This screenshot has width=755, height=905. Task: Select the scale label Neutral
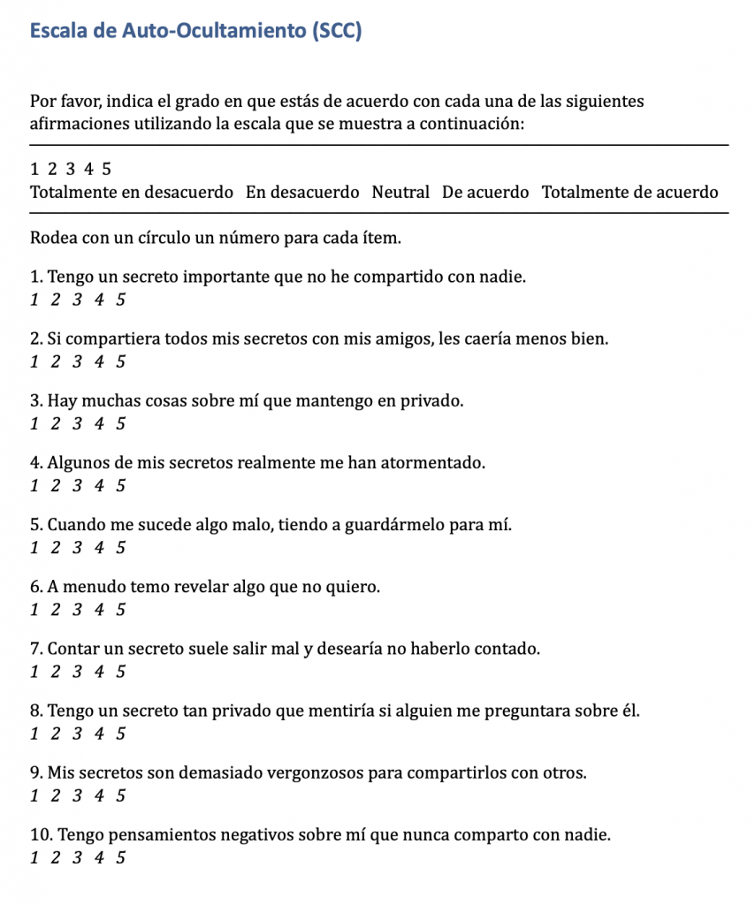tap(400, 192)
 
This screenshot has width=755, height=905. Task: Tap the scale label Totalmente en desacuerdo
tap(132, 192)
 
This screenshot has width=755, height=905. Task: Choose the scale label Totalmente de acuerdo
tap(629, 192)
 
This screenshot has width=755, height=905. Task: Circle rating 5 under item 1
tap(120, 300)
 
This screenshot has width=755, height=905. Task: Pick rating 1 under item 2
tap(34, 361)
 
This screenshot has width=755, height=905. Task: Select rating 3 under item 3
tap(77, 423)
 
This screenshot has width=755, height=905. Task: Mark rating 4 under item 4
tap(98, 485)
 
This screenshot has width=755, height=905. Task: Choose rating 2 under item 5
tap(55, 547)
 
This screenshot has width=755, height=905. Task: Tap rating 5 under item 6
tap(120, 609)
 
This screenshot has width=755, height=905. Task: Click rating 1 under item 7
tap(34, 671)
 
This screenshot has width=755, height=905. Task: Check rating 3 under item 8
tap(77, 734)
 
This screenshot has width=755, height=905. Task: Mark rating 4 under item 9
tap(98, 795)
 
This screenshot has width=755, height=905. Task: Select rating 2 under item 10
tap(55, 857)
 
